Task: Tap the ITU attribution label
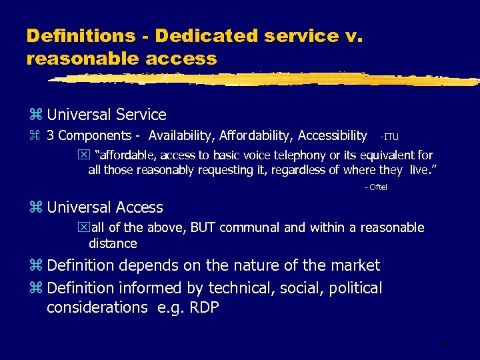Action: [x=389, y=137]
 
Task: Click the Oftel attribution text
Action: [x=376, y=187]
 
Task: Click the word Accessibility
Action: [x=332, y=136]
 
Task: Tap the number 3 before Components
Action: [x=51, y=136]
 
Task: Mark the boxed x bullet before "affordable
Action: [x=83, y=155]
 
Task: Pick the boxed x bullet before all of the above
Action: [x=83, y=228]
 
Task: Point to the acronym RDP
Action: [x=203, y=307]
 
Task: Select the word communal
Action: [x=247, y=228]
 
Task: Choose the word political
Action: [x=353, y=288]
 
